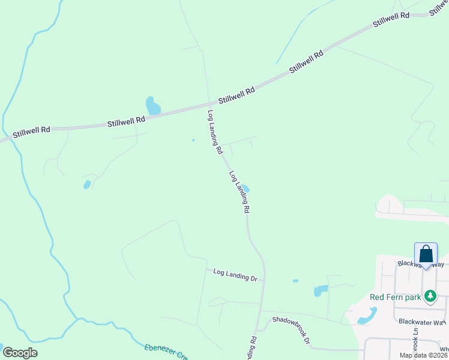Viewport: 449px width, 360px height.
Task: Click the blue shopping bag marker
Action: point(426,254)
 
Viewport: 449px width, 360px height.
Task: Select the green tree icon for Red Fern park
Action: point(430,296)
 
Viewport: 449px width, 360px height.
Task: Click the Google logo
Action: point(20,353)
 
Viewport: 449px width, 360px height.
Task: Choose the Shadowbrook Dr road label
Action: point(291,330)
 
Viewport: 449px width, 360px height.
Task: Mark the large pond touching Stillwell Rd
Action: point(153,106)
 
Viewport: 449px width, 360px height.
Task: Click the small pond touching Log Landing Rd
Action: point(246,188)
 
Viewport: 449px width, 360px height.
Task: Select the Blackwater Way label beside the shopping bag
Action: point(420,264)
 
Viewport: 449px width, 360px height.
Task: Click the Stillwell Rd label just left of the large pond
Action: point(126,121)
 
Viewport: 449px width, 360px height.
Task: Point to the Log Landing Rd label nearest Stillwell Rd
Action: point(215,132)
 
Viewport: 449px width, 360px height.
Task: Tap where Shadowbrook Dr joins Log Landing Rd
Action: point(258,329)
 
